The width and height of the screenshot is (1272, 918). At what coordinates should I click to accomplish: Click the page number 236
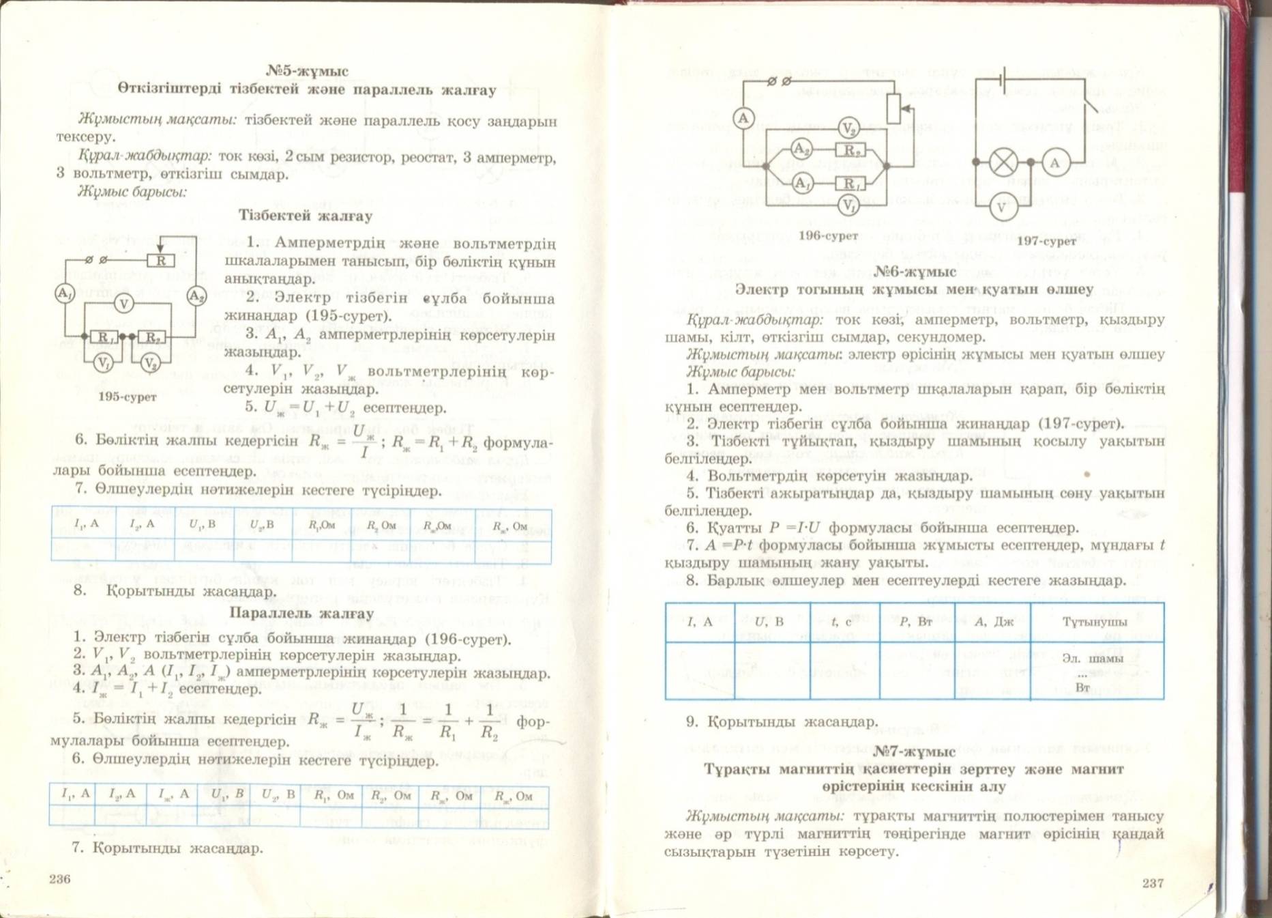(60, 879)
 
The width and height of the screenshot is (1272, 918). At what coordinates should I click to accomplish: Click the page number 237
(1153, 883)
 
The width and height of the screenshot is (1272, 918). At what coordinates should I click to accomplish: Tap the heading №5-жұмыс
(307, 71)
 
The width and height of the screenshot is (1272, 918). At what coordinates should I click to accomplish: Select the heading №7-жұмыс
(914, 751)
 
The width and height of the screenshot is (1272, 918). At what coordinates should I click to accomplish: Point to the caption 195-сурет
(128, 397)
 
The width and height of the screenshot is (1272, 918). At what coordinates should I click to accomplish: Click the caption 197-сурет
(1046, 241)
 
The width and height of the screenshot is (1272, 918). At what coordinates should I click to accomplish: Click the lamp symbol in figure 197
(1003, 162)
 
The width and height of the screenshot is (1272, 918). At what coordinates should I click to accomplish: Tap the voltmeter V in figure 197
(1001, 207)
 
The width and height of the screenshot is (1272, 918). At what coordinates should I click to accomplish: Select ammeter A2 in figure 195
(196, 296)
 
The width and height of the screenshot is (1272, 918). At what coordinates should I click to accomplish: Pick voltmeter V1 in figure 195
(103, 362)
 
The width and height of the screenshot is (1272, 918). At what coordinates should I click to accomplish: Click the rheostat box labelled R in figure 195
(161, 260)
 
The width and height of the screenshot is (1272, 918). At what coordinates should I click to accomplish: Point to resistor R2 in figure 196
(851, 149)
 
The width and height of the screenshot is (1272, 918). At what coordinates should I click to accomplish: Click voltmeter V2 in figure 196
(848, 128)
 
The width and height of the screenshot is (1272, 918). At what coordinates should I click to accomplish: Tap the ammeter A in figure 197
(1055, 163)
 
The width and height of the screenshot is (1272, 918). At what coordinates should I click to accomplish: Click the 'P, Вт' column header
(916, 622)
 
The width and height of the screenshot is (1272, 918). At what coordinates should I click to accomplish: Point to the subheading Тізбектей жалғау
(306, 216)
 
